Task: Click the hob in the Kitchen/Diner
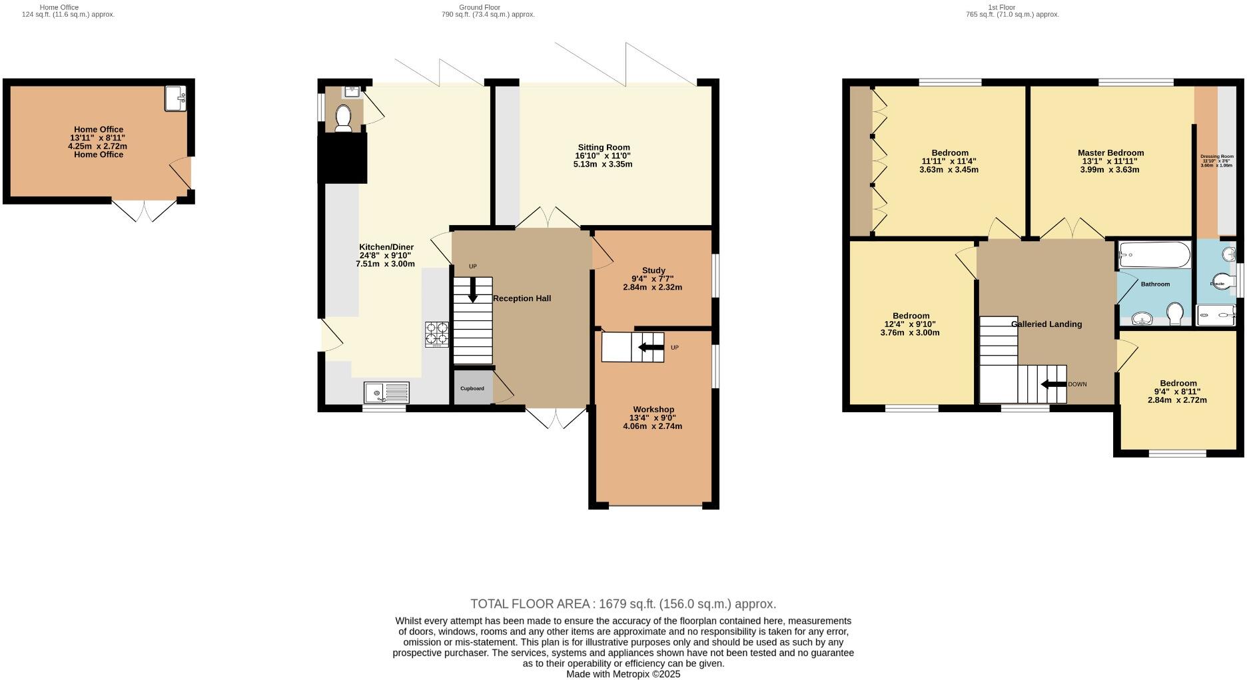(x=437, y=334)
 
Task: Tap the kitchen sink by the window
(x=386, y=393)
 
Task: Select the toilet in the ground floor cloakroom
(x=344, y=119)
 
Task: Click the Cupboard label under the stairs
(x=472, y=388)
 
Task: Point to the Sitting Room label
(x=604, y=147)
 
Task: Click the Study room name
(x=653, y=270)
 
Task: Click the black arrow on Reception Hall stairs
(x=473, y=289)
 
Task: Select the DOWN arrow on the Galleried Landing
(x=1054, y=384)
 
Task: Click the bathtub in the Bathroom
(x=1154, y=254)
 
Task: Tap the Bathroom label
(x=1155, y=284)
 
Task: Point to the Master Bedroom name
(x=1110, y=153)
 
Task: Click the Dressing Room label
(x=1217, y=157)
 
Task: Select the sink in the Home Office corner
(x=177, y=98)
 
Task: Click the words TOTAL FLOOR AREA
(x=531, y=604)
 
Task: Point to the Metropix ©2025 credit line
(x=623, y=674)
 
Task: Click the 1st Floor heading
(x=1001, y=7)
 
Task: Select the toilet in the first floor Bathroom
(x=1174, y=312)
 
